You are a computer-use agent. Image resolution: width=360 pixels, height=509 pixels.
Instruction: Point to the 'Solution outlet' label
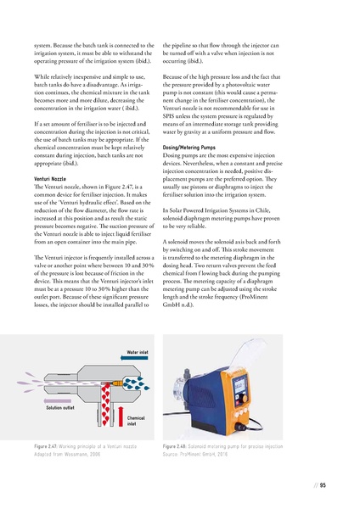pos(60,409)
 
